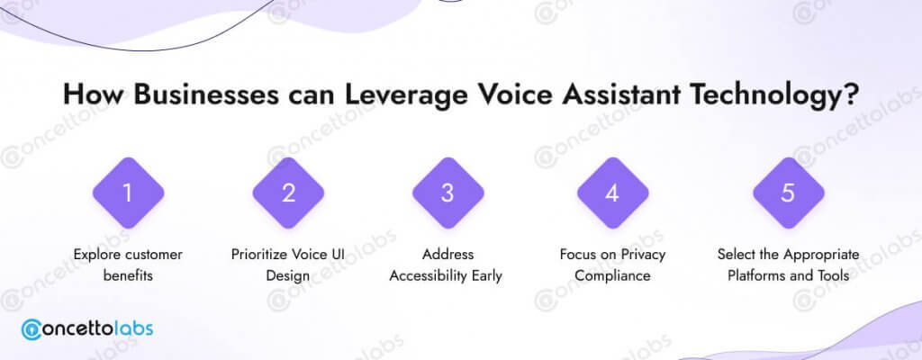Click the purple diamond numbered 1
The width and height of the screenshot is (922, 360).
click(x=128, y=193)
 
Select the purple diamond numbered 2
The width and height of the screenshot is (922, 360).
click(x=288, y=193)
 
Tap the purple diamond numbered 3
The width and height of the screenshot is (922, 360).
click(x=448, y=193)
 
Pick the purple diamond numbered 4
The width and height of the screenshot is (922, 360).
click(x=612, y=193)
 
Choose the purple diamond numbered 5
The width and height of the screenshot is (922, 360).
click(x=789, y=193)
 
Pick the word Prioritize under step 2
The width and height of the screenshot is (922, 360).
click(x=258, y=255)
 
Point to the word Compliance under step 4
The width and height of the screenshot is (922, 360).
click(x=612, y=276)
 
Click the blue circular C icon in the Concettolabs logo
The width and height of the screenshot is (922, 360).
click(x=31, y=329)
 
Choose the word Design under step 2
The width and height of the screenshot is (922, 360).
click(x=287, y=276)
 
